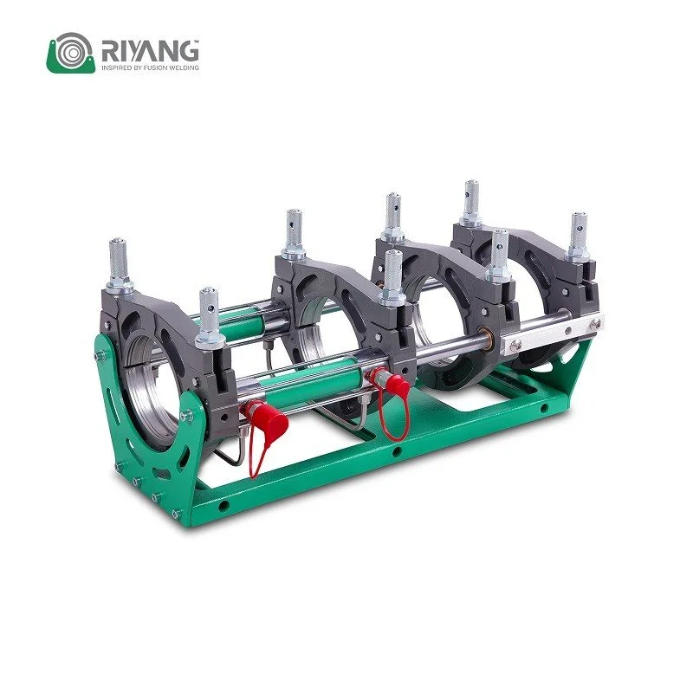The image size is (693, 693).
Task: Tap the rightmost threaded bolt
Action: tap(579, 235)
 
